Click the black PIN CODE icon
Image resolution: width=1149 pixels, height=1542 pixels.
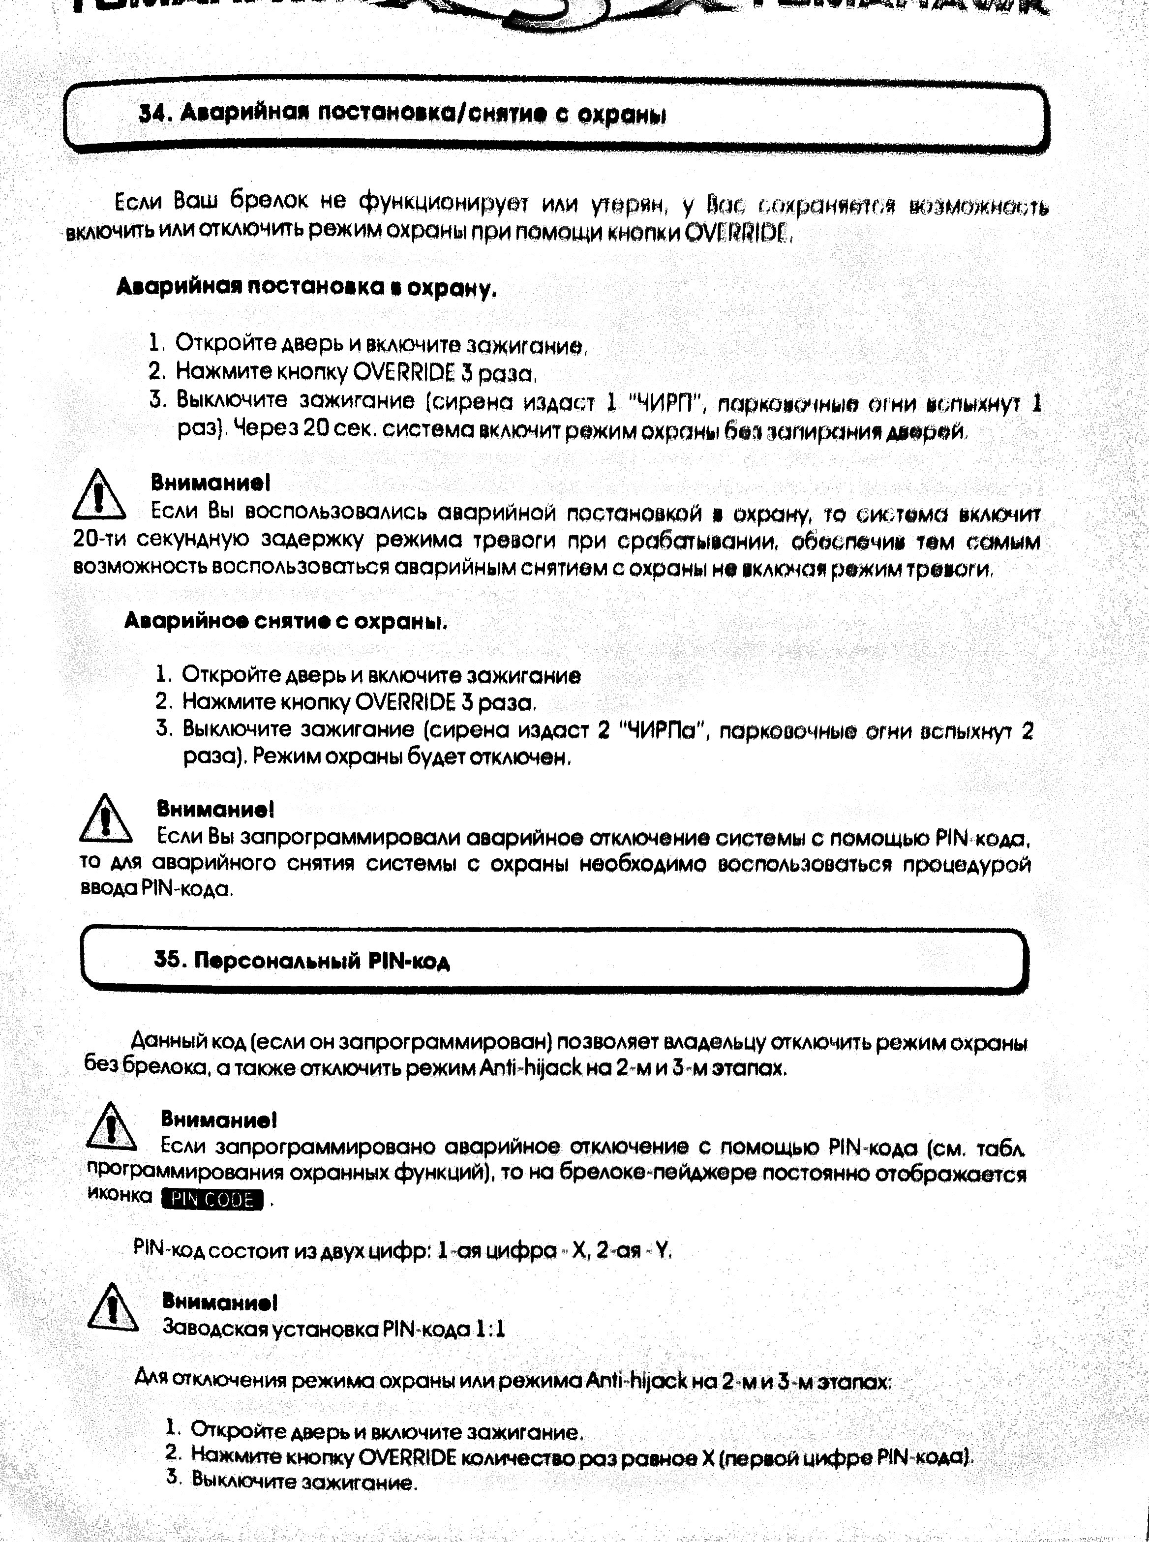(212, 1200)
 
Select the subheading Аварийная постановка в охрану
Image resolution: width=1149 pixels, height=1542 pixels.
(306, 287)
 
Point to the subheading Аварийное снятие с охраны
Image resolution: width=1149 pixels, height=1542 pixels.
(285, 620)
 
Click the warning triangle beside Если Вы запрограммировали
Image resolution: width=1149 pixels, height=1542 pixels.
(105, 818)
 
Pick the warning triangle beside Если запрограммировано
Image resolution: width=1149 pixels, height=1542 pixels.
(111, 1127)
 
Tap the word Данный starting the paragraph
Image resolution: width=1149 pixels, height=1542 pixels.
(165, 1041)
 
